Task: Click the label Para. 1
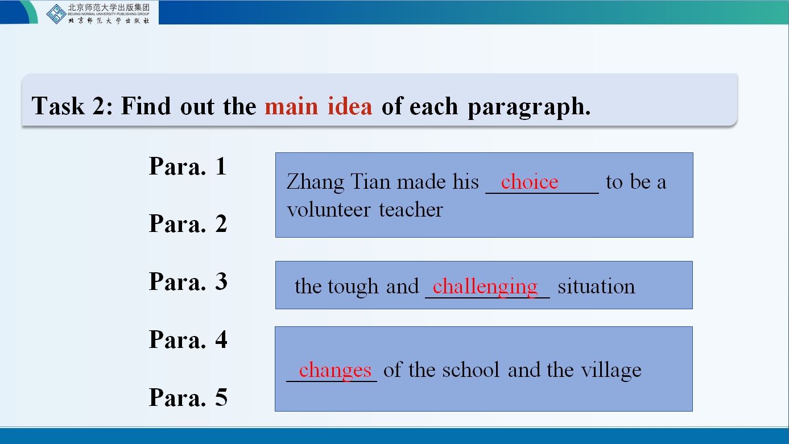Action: click(188, 166)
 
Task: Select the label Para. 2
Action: click(188, 223)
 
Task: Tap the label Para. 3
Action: click(188, 281)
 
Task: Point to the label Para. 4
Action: click(188, 339)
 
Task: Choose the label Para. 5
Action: click(188, 397)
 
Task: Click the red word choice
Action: click(530, 182)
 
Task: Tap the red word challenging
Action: click(485, 287)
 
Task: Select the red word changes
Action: click(335, 371)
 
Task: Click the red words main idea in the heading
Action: click(319, 106)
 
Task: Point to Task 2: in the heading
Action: click(72, 106)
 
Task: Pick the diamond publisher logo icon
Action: click(56, 14)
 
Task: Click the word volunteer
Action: click(329, 210)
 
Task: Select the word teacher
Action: click(411, 210)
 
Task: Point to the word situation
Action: click(596, 286)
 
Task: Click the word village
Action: click(611, 371)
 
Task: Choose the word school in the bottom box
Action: click(470, 370)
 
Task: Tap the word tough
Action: click(353, 287)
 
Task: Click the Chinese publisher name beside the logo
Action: click(109, 8)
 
